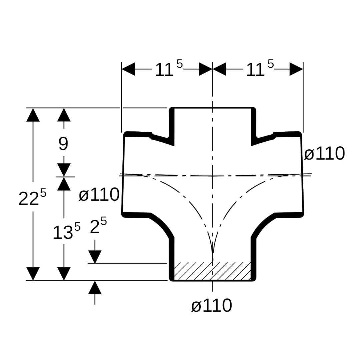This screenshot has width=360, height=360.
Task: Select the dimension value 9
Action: point(63,144)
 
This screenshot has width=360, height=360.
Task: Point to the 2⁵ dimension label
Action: point(98,227)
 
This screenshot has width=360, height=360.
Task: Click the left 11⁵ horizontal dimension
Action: point(169,69)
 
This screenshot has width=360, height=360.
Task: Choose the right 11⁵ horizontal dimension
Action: point(259,69)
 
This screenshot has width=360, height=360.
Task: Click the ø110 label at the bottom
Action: point(211,305)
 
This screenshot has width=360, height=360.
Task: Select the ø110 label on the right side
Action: point(324,154)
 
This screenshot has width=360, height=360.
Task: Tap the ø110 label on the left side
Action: point(99,195)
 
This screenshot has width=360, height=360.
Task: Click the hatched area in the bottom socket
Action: point(212,271)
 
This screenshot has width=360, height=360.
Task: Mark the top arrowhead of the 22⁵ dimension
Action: point(33,115)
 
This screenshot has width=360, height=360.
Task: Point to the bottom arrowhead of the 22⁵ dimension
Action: point(33,274)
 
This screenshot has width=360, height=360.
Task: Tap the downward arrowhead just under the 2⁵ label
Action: point(95,257)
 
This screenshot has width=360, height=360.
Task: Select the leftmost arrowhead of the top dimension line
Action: point(128,69)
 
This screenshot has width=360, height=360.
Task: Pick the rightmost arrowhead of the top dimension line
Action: point(296,69)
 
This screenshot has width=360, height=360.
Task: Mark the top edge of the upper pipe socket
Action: point(213,108)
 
